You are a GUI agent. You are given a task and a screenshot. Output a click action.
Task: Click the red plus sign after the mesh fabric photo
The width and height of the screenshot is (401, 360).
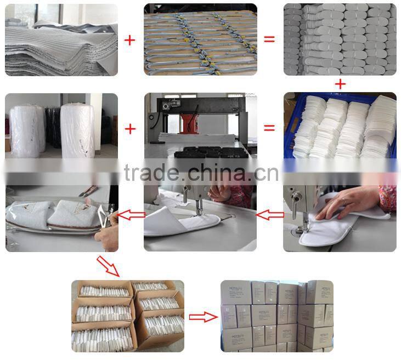point(130,40)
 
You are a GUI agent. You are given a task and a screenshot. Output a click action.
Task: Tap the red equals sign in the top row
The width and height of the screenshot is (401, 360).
point(269,40)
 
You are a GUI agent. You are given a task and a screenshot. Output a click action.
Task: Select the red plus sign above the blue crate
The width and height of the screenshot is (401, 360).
point(341,84)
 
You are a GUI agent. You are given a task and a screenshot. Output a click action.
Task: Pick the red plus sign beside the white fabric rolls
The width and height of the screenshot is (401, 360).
point(130,129)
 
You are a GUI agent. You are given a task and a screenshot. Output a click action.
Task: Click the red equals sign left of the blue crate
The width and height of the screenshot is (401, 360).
point(269,128)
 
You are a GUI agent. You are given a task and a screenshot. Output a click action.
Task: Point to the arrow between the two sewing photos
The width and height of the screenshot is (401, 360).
point(270,215)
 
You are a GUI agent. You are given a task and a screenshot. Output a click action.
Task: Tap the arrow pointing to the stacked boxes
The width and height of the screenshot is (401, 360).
point(202,316)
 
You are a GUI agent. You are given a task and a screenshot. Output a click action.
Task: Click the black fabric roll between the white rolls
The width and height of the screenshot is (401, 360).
point(52,126)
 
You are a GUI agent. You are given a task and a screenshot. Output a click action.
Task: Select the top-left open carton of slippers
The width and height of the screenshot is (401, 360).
point(101,290)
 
